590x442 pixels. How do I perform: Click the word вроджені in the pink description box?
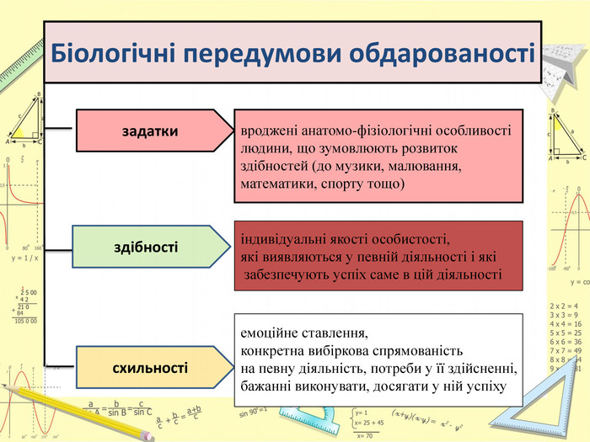(x=268, y=133)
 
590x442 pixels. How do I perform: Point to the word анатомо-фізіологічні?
(x=379, y=133)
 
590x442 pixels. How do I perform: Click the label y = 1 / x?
(x=24, y=258)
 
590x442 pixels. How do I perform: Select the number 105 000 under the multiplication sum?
(x=24, y=321)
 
